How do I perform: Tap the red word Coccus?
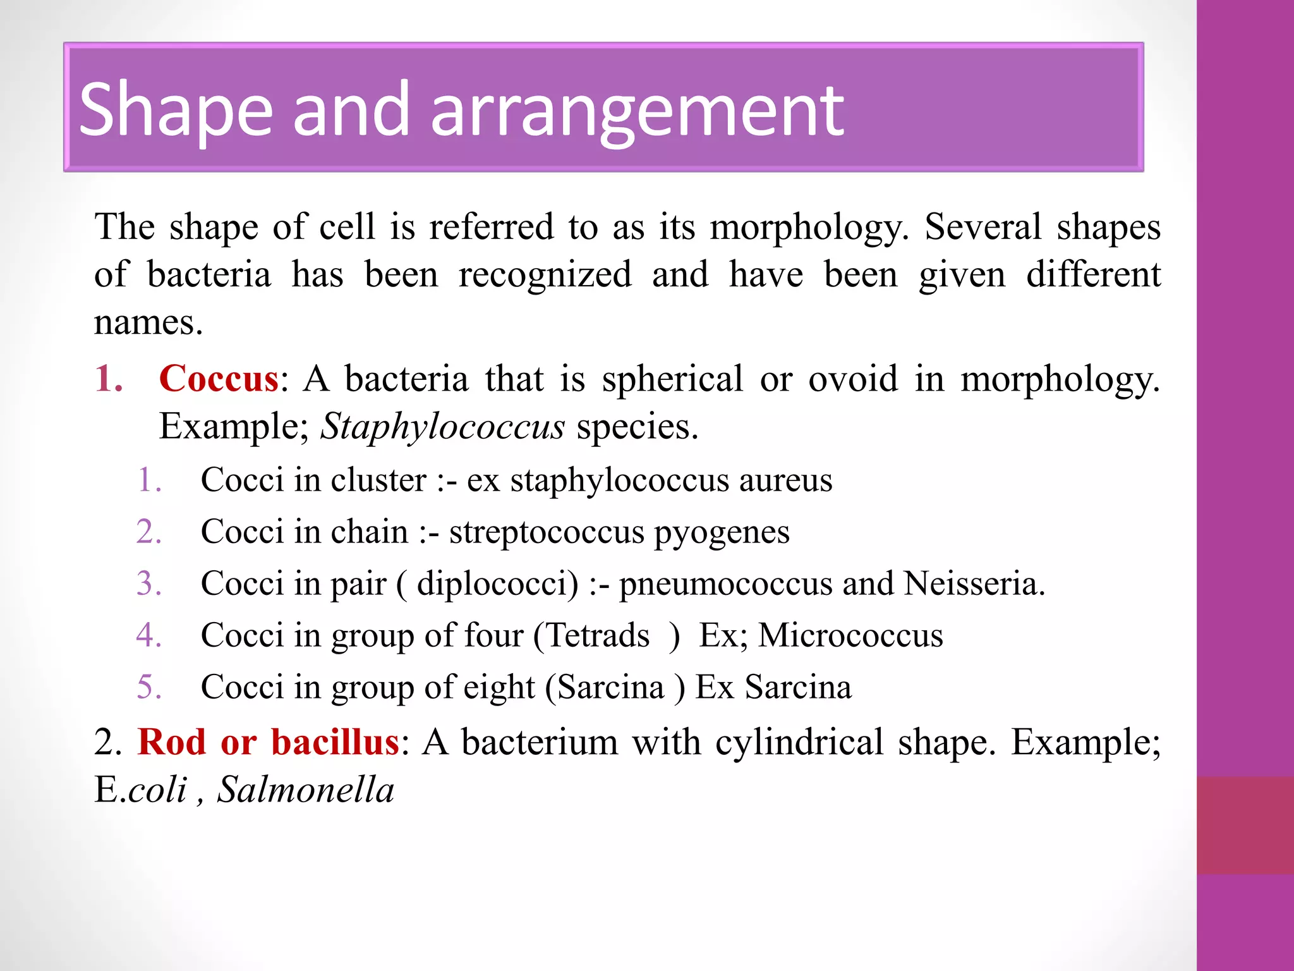point(219,379)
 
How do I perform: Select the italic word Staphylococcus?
point(442,427)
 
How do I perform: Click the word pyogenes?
point(722,533)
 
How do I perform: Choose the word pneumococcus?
point(725,583)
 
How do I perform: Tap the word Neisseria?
point(974,583)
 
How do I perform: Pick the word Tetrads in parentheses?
point(597,635)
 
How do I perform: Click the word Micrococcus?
point(850,635)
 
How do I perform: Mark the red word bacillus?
point(335,742)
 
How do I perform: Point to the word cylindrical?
point(799,742)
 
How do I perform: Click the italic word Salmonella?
point(306,790)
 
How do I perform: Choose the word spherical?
point(672,379)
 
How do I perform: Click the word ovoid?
point(853,379)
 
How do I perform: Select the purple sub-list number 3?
point(148,583)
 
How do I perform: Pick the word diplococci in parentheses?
point(497,583)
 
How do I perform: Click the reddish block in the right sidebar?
point(1245,825)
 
